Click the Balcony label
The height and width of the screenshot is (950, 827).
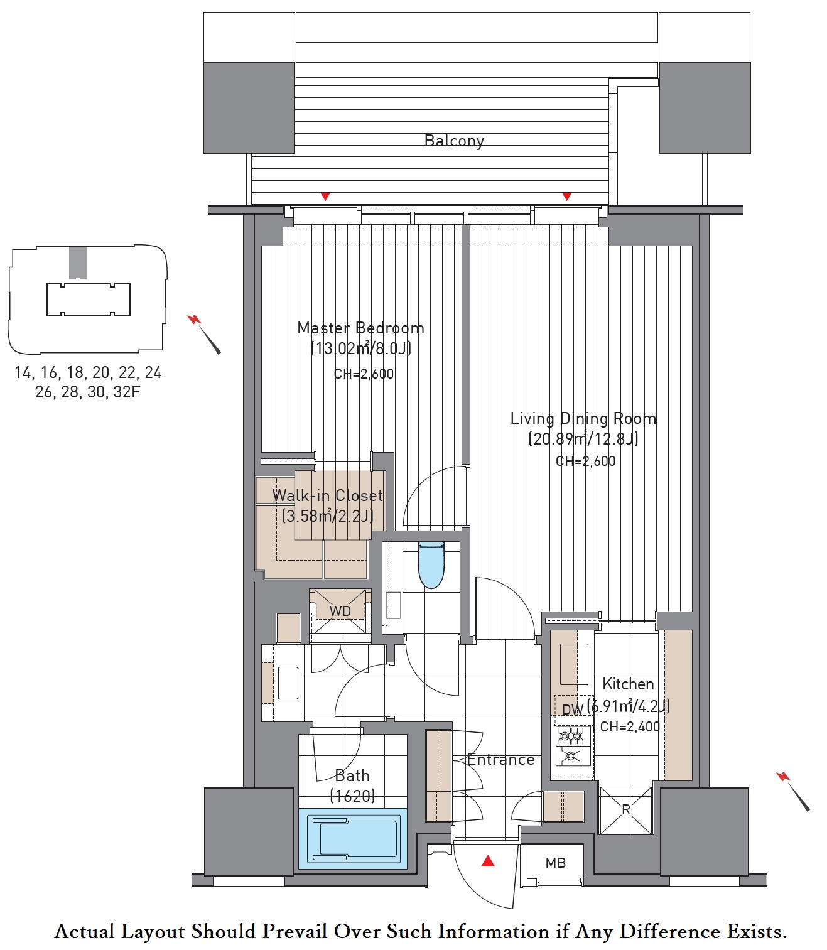click(x=453, y=141)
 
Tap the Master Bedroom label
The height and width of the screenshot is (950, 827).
click(x=361, y=328)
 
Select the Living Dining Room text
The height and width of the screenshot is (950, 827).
click(x=583, y=418)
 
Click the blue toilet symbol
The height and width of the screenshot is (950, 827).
click(x=431, y=564)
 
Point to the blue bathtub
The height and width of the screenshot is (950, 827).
click(x=352, y=838)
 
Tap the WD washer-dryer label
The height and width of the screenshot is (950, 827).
click(x=340, y=611)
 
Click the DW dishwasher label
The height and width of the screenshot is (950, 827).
click(x=573, y=710)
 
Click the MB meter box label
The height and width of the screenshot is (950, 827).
click(x=555, y=863)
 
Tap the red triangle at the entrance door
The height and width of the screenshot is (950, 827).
click(x=487, y=861)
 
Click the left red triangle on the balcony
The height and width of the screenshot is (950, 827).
click(x=325, y=197)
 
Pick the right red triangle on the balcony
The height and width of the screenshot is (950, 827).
click(x=566, y=197)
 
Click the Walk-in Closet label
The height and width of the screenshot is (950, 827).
click(x=328, y=495)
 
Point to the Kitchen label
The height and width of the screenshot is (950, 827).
click(x=628, y=684)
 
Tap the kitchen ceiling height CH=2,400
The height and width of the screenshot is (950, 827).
click(x=630, y=726)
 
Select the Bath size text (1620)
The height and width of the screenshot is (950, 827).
click(x=352, y=796)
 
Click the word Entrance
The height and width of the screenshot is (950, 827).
click(x=500, y=760)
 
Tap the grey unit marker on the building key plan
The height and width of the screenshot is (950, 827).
click(x=78, y=263)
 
